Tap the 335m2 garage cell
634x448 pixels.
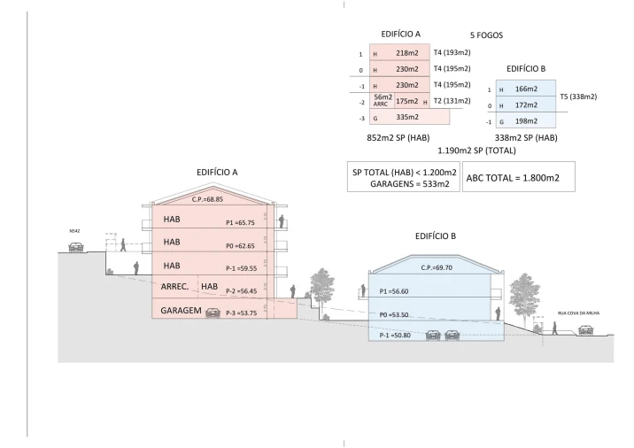coord(406,116)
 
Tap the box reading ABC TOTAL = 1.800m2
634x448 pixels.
coord(518,177)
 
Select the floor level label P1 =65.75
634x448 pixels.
coord(243,224)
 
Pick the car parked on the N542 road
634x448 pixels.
coord(76,247)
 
